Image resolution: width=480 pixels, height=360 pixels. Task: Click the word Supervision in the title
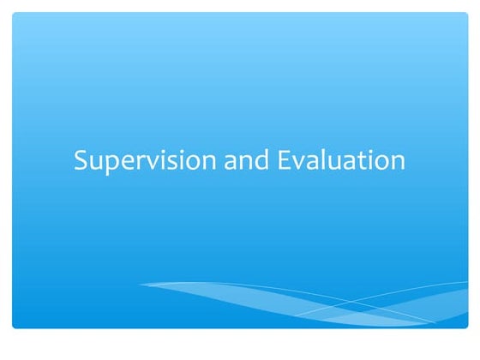coord(145,161)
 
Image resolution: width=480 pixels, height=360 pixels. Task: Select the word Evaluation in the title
coord(342,161)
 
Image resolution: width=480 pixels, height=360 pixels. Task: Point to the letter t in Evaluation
coord(355,161)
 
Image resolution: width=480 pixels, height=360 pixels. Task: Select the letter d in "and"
coord(261,160)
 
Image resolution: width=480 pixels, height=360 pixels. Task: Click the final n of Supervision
coord(208,163)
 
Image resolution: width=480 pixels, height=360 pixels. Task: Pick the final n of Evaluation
coord(397,163)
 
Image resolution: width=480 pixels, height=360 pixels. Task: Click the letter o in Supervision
coord(193,163)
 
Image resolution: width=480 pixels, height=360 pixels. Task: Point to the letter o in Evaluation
coord(381,163)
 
